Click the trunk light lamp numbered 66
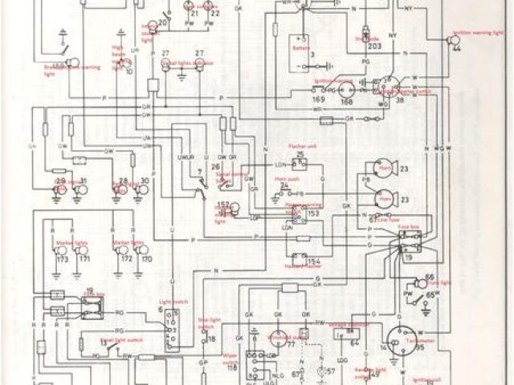point(422,282)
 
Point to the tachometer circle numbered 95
point(397,338)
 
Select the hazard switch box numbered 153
point(296,210)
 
